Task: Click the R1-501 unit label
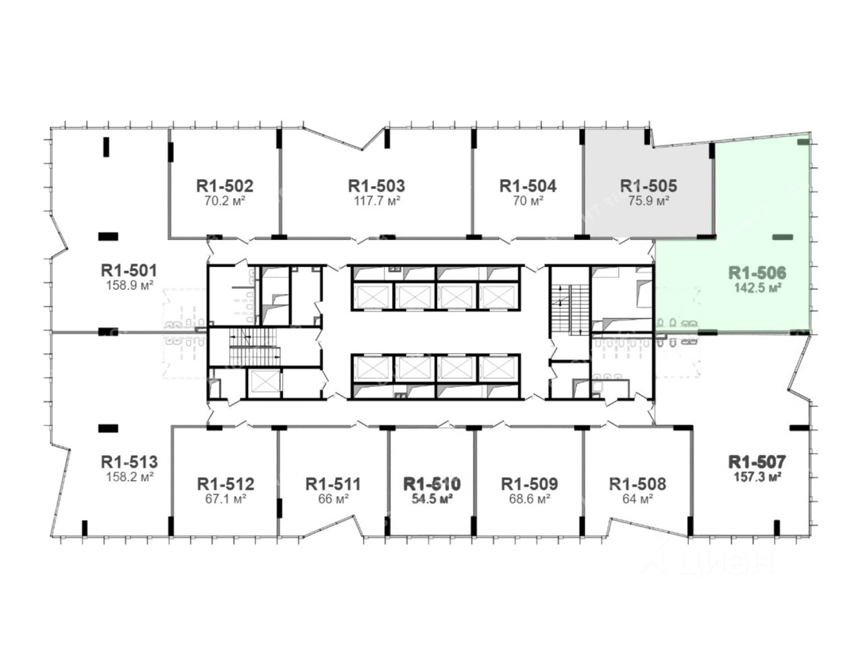pos(129,270)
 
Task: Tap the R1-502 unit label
pos(225,186)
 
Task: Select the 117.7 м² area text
pos(377,201)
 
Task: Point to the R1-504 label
pos(528,186)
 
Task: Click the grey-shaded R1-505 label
pos(649,186)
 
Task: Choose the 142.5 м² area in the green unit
pos(758,288)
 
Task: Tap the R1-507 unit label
pos(757,462)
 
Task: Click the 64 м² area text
pos(638,499)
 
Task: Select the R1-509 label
pos(529,484)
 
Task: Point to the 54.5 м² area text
pos(432,499)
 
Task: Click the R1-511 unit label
pos(333,484)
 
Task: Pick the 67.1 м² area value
pos(226,499)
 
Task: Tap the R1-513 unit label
pos(129,462)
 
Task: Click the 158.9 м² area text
pos(129,285)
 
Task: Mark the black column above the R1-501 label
pos(108,237)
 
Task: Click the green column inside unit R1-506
pos(782,237)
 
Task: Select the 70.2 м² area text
pos(225,201)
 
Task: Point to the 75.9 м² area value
pos(649,201)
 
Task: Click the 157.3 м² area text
pos(757,477)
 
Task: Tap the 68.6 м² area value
pos(529,499)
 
